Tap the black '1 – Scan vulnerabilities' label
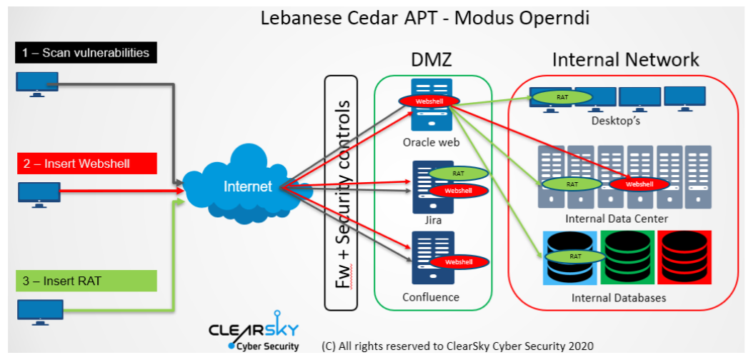[86, 52]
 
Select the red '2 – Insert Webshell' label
[86, 164]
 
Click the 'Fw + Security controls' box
[341, 193]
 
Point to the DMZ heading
[432, 61]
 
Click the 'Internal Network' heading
[625, 60]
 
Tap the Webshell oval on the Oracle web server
[429, 102]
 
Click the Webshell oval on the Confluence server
[458, 261]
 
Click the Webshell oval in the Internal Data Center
[639, 184]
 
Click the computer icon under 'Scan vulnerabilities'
[36, 85]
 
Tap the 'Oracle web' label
[431, 143]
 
